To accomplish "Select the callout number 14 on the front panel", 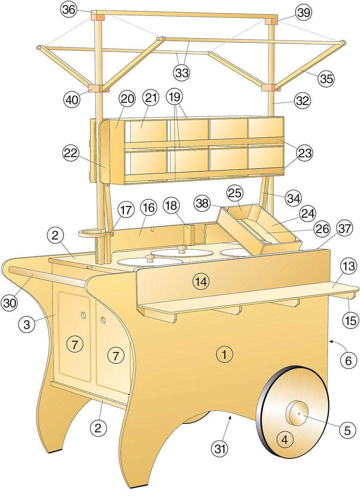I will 200,282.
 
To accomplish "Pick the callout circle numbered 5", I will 347,431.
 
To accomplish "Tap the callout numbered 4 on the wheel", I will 284,439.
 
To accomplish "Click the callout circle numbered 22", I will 71,153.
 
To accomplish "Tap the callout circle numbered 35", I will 326,78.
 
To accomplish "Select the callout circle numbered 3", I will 27,325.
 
